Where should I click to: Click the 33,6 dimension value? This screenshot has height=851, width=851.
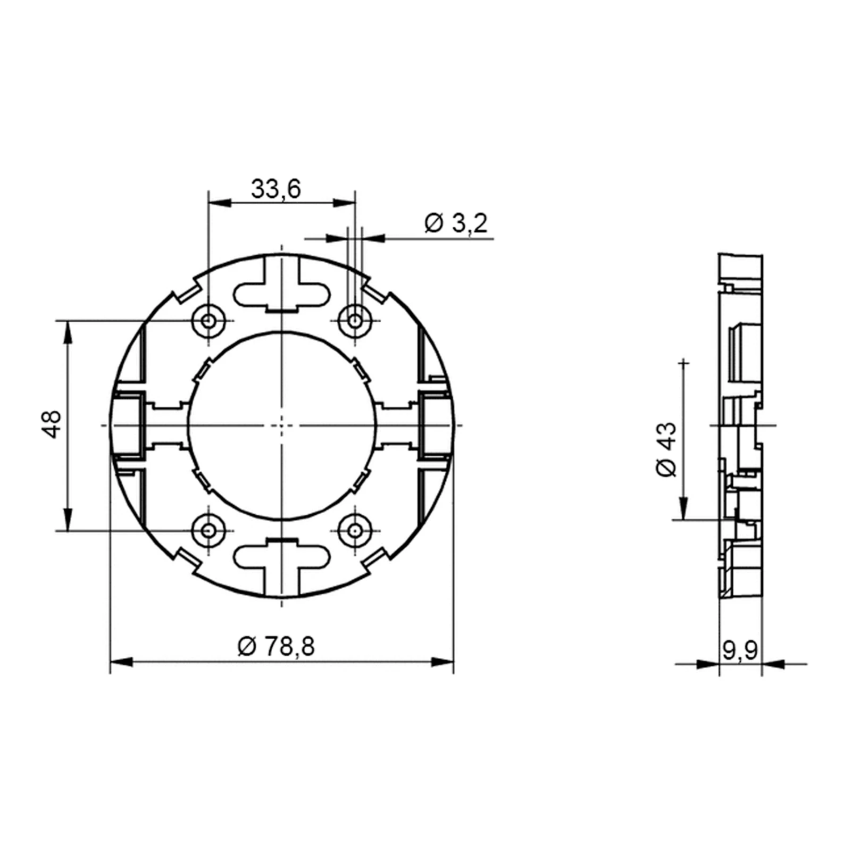tap(276, 189)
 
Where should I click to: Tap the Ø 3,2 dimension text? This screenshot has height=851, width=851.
tap(456, 223)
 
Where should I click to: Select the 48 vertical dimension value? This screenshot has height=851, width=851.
tap(53, 424)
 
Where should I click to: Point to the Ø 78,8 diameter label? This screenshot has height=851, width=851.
tap(276, 647)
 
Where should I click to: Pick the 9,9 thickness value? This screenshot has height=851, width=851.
tap(740, 650)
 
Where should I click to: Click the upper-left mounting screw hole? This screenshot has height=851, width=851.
tap(208, 321)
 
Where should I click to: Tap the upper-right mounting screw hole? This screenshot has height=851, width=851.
tap(355, 321)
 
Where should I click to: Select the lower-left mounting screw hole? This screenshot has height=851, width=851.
tap(208, 530)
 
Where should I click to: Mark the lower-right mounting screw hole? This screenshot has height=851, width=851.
tap(355, 530)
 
